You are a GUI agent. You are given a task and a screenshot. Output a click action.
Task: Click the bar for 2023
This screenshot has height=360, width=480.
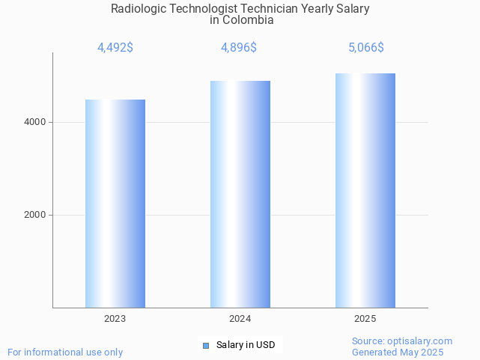click(115, 204)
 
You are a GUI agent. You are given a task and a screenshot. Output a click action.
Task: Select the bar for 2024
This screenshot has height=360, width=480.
click(240, 194)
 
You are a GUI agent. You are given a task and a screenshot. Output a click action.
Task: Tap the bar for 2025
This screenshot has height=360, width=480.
click(365, 190)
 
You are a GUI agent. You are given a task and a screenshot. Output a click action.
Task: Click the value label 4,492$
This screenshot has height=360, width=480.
click(115, 48)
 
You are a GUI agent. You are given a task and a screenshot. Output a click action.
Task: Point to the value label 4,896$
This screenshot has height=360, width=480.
click(239, 48)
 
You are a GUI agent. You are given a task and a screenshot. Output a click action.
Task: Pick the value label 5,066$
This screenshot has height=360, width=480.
click(365, 48)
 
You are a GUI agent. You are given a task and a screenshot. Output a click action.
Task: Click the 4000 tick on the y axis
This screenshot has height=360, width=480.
click(34, 122)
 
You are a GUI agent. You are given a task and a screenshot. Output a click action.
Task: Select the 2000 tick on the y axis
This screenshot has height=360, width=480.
click(34, 215)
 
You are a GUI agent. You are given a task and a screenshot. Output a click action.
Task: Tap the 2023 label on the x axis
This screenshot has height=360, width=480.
click(115, 319)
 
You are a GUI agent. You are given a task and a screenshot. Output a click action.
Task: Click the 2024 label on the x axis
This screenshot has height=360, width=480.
click(240, 319)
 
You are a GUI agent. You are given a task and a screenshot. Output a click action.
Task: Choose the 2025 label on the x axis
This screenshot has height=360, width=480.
click(365, 319)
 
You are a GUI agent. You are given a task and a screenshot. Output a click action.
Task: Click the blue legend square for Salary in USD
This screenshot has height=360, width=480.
click(206, 345)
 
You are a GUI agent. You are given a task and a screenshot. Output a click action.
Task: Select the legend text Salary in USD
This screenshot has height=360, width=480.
click(246, 345)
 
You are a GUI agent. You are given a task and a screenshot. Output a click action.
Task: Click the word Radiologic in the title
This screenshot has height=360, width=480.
click(137, 9)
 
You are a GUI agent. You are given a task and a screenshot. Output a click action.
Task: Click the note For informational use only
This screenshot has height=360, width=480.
click(65, 352)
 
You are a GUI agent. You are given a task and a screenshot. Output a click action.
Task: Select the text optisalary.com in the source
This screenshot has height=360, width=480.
click(420, 341)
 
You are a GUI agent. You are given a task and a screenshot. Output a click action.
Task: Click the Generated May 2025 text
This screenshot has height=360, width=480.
click(398, 352)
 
